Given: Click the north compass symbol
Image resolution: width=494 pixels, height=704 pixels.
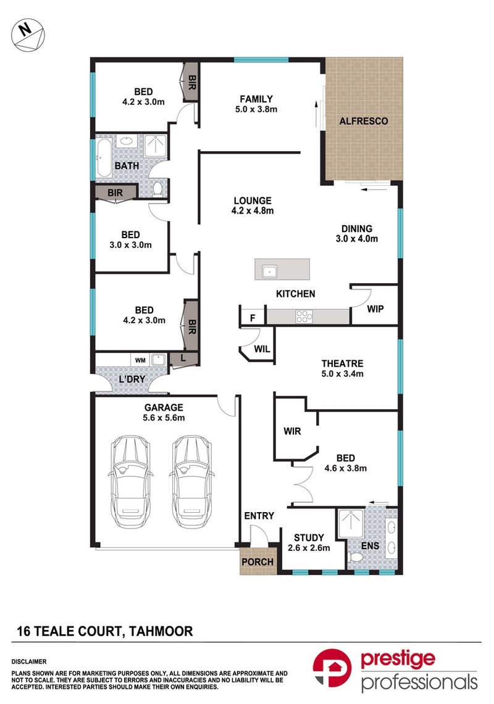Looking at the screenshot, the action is point(28,34).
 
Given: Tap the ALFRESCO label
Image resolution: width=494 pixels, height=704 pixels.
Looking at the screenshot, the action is point(363,121).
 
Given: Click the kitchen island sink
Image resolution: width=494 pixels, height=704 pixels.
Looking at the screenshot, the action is point(270,271).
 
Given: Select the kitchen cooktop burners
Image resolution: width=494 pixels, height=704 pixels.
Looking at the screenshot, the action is point(304,316).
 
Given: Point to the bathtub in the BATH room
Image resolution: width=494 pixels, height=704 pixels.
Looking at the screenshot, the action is point(103,157).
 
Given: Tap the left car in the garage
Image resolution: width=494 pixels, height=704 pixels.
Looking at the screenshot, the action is point(130,481).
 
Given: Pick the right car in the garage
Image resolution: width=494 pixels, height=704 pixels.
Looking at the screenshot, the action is point(192,481).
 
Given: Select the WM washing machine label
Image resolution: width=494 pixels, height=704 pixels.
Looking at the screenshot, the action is point(140,360).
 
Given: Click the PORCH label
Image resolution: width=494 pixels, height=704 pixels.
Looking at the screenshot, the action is point(257,561).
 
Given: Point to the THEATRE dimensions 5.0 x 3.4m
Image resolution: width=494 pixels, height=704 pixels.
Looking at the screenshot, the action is point(343,373).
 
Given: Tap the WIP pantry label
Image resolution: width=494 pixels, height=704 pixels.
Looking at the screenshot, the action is point(375,309).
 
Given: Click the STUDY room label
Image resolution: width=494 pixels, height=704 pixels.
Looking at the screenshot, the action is point(309,537).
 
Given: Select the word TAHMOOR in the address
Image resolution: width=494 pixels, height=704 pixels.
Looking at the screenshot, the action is point(161,631).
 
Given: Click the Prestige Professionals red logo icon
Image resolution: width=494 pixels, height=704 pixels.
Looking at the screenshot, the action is point(332,668).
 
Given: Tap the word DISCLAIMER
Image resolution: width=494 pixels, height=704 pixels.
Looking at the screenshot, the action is point(29,661).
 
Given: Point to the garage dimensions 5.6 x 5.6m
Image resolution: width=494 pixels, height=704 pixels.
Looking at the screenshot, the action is point(164,418).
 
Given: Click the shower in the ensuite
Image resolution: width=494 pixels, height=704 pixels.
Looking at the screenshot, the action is point(350,523).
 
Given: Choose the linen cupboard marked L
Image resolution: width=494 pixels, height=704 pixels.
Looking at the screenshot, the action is point(183,358).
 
